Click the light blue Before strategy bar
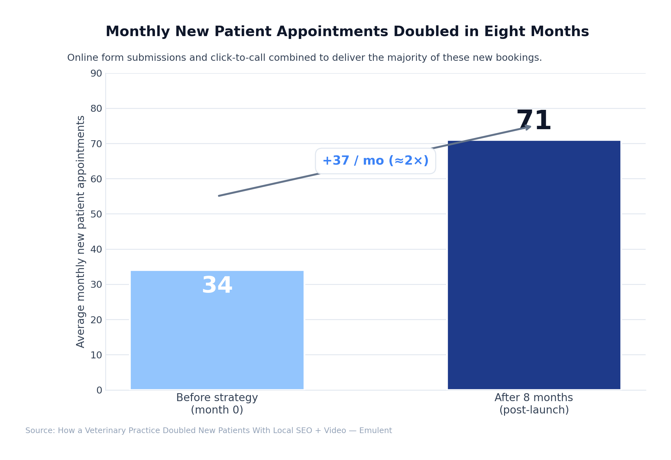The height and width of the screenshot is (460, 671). pyautogui.click(x=217, y=342)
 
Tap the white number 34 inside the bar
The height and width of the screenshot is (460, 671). pyautogui.click(x=217, y=286)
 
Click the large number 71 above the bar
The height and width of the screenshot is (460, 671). pyautogui.click(x=534, y=121)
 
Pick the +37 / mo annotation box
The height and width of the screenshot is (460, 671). pyautogui.click(x=375, y=161)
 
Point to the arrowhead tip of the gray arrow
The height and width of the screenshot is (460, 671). pyautogui.click(x=531, y=127)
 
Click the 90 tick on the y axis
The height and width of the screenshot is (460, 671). pyautogui.click(x=96, y=73)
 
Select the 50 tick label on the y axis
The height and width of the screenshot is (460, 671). pyautogui.click(x=96, y=214)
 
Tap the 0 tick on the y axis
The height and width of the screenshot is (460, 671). pyautogui.click(x=99, y=390)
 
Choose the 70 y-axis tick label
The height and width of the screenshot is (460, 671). pyautogui.click(x=96, y=144)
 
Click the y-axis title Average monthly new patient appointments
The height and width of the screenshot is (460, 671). pyautogui.click(x=81, y=231)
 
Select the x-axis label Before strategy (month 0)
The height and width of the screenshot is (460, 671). pyautogui.click(x=217, y=404)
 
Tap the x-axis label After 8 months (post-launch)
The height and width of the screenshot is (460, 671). pyautogui.click(x=534, y=404)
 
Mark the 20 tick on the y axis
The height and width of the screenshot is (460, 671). pyautogui.click(x=96, y=320)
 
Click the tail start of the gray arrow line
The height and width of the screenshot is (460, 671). pyautogui.click(x=219, y=196)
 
